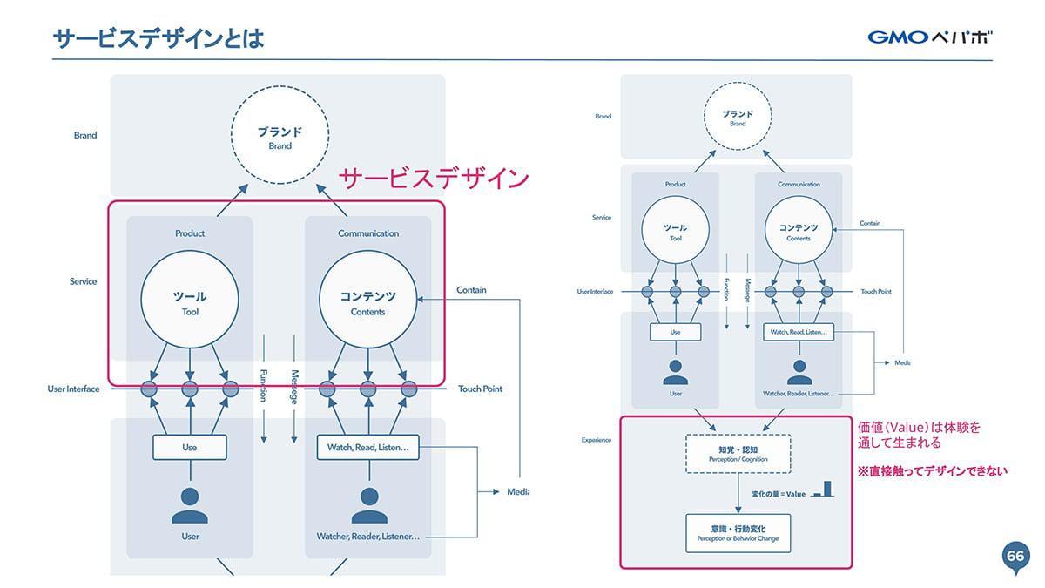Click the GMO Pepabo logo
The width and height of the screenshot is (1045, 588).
click(929, 37)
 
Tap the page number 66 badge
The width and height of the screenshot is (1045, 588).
click(1015, 557)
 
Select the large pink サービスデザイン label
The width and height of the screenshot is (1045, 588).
click(434, 179)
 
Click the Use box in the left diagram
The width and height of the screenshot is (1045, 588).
click(190, 447)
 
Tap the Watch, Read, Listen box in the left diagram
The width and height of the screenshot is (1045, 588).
click(367, 447)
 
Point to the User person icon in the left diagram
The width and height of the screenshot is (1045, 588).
click(190, 505)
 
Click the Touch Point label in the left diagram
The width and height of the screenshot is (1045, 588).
click(480, 389)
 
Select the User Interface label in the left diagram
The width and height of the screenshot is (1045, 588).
click(73, 389)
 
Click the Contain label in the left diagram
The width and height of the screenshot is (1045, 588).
click(471, 290)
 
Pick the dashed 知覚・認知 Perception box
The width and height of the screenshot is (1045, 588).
click(738, 453)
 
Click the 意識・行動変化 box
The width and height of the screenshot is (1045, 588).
click(738, 532)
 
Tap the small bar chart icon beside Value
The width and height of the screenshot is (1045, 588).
click(821, 491)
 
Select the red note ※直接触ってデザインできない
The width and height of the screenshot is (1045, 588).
click(932, 471)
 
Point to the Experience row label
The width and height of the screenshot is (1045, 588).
click(597, 440)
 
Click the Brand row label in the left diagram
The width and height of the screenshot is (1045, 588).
click(85, 135)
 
